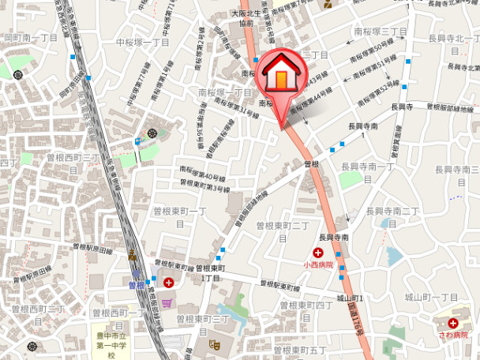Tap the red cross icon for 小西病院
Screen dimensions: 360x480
coord(317,253)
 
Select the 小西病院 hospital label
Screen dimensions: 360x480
coord(319,265)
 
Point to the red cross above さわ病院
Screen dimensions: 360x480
coord(453,322)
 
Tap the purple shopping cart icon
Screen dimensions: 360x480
coord(167,303)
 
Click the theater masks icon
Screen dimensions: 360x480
coord(213,343)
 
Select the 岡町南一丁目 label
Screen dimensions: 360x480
coord(31,37)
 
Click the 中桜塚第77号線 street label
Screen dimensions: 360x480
coord(136,89)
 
